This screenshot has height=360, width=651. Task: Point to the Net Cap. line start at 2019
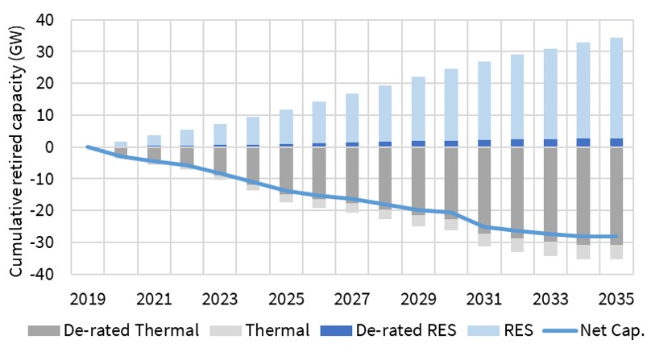(88, 147)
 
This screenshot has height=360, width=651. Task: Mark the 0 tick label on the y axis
(57, 147)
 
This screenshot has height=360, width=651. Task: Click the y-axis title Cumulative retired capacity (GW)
(15, 147)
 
